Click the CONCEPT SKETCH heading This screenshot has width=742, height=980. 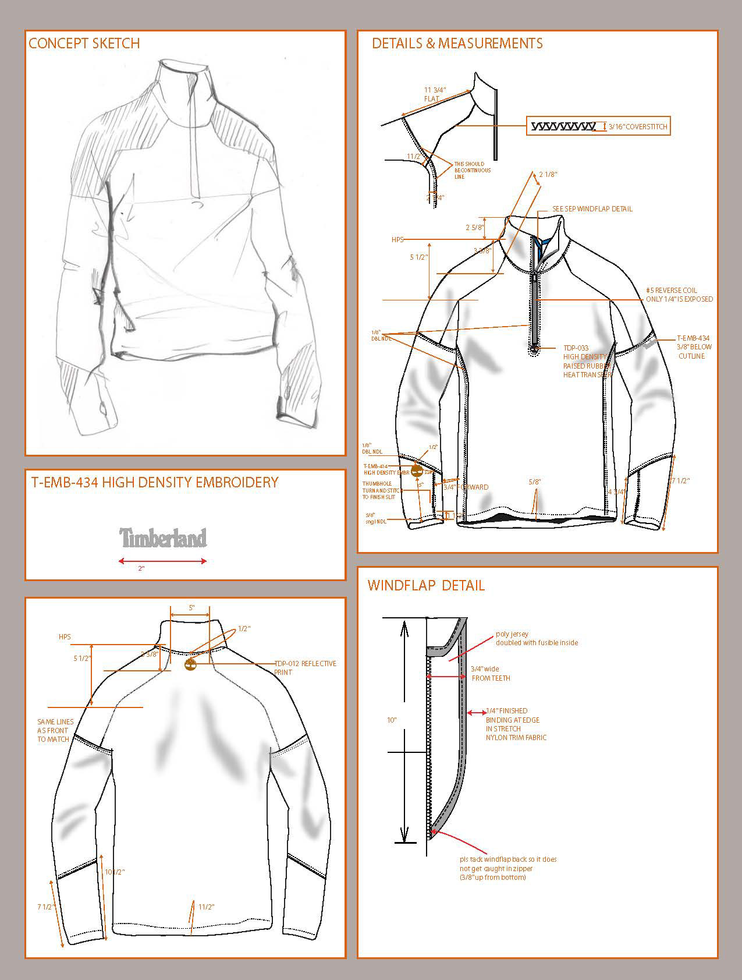point(84,44)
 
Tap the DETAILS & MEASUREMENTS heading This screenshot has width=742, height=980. point(457,44)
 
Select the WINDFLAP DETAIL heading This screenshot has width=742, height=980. point(426,585)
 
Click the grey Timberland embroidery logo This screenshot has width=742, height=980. point(163,538)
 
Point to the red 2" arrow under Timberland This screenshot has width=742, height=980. point(163,561)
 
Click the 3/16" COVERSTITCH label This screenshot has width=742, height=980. point(638,127)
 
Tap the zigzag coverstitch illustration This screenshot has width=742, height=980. point(563,126)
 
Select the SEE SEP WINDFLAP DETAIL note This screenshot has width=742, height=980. point(592,209)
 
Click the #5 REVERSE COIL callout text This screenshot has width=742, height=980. point(679,295)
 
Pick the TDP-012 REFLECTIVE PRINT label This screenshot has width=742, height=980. point(305,668)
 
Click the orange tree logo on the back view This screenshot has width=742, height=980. point(190,665)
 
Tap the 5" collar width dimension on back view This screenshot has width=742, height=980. point(191,608)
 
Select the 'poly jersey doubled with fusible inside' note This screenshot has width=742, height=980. point(536,638)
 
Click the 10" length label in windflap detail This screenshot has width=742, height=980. point(392,720)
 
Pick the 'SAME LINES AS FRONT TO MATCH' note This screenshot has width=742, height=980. point(53,731)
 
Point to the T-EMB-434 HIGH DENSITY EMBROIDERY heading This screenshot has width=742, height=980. point(154,482)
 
